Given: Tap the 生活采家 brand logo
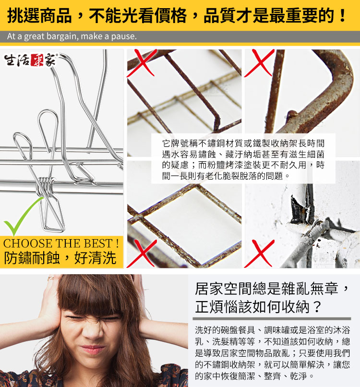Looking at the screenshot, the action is point(31,60).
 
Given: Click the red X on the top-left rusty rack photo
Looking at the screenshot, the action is point(142,63).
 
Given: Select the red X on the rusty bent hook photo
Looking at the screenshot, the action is point(259,63).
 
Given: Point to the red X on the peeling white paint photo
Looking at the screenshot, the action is point(259,254).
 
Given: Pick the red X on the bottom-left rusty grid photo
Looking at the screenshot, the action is point(142,254).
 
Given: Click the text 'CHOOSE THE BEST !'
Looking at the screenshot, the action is point(61,243).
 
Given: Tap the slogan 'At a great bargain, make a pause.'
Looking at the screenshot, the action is point(72,36).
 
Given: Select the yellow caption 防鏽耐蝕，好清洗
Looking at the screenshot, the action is point(60,258).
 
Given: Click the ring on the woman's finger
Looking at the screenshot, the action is point(50,278).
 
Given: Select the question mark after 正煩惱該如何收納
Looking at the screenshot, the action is point(317,307).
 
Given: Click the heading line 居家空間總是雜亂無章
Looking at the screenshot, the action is point(266,288).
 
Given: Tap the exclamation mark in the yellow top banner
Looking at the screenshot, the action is point(342,15).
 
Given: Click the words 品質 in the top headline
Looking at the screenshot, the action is point(220,15).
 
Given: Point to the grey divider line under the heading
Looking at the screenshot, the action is point(272,319).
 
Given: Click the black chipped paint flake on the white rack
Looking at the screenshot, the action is point(297,210).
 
